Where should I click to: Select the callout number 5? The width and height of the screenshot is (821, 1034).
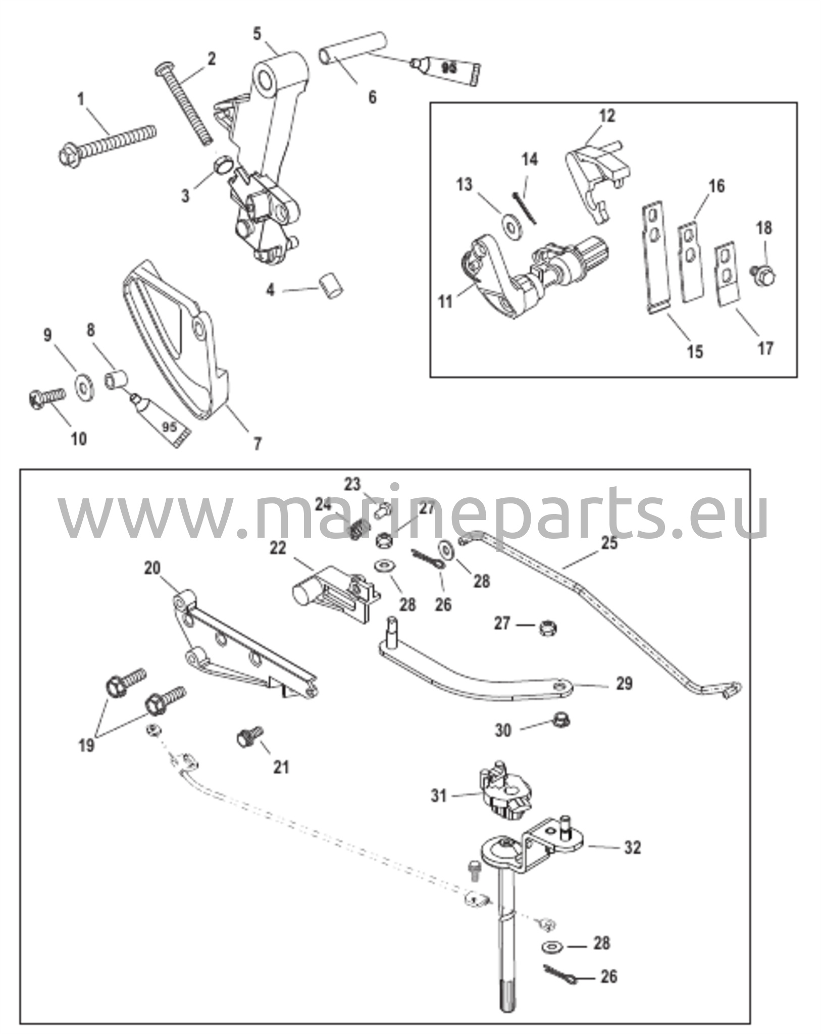258,34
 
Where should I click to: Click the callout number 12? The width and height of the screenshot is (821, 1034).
608,116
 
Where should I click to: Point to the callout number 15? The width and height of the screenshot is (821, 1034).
695,351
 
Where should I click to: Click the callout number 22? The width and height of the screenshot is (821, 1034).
278,548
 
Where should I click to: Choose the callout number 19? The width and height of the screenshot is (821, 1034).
86,745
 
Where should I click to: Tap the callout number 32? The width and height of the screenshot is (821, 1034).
632,847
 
